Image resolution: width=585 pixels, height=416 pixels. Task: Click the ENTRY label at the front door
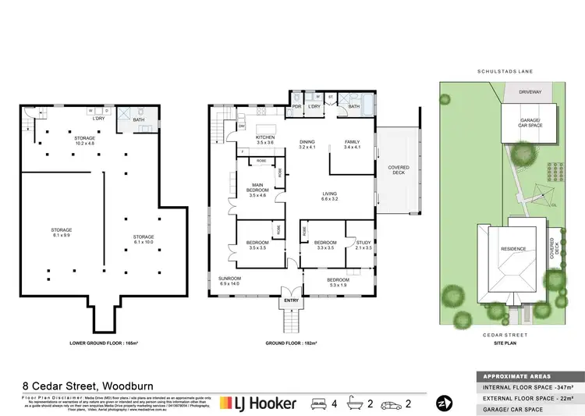point(292,300)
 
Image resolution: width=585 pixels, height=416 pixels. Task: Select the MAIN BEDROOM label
point(257,190)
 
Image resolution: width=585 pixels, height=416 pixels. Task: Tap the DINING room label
point(308,142)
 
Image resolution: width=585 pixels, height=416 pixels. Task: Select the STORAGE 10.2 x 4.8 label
point(84,141)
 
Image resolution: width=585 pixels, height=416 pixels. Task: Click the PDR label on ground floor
point(296,105)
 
